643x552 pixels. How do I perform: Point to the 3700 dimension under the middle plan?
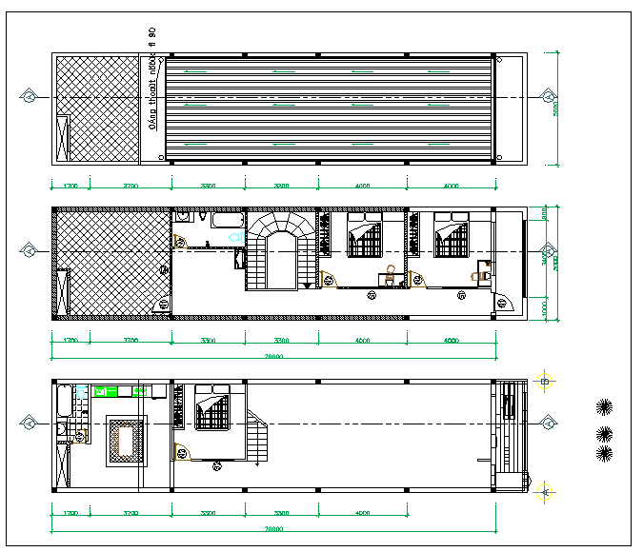coord(131,340)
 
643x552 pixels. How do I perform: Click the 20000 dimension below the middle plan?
coord(274,357)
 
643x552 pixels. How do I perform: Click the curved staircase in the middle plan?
coord(280,250)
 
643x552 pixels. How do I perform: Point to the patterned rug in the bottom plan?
coord(125,441)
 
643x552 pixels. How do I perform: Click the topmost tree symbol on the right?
coord(603,407)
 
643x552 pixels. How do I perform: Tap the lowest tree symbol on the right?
coord(603,452)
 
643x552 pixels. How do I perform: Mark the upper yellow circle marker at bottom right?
coord(545,382)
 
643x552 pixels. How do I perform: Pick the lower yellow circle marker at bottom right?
coord(545,491)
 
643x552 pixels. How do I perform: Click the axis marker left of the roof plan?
coord(30,97)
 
